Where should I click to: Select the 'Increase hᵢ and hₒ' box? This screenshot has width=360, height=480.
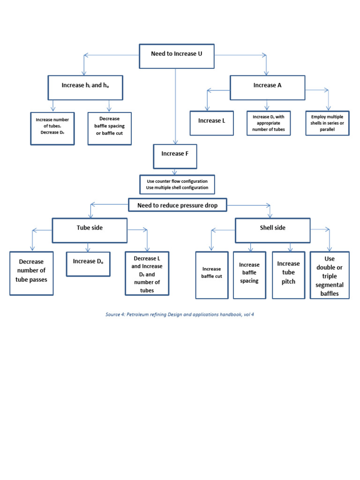[x=85, y=88]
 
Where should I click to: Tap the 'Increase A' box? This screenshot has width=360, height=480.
[x=267, y=87]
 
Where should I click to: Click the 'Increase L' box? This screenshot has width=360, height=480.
[x=211, y=123]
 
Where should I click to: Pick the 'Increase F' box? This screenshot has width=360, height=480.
[x=175, y=156]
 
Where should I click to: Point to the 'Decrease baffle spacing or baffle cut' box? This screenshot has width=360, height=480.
[x=110, y=128]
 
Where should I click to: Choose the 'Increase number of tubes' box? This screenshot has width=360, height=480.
[x=52, y=128]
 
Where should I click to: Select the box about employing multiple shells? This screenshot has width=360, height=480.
[x=327, y=123]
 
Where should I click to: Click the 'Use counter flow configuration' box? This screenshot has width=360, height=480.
[x=177, y=184]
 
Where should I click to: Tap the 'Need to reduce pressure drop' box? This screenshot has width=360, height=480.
[x=177, y=205]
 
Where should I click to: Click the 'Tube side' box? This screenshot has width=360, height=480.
[x=90, y=230]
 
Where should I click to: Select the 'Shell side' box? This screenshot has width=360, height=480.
[x=272, y=230]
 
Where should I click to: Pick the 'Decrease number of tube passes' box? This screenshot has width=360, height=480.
[x=31, y=273]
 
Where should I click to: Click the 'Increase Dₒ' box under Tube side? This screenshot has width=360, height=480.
[x=88, y=264]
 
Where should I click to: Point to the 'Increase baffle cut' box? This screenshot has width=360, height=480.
[x=211, y=275]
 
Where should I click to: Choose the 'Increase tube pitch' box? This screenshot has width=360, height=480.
[x=288, y=275]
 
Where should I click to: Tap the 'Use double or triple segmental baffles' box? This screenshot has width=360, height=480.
[x=330, y=275]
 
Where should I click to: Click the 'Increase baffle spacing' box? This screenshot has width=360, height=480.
[x=249, y=275]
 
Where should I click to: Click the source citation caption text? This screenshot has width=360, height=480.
[x=180, y=314]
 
